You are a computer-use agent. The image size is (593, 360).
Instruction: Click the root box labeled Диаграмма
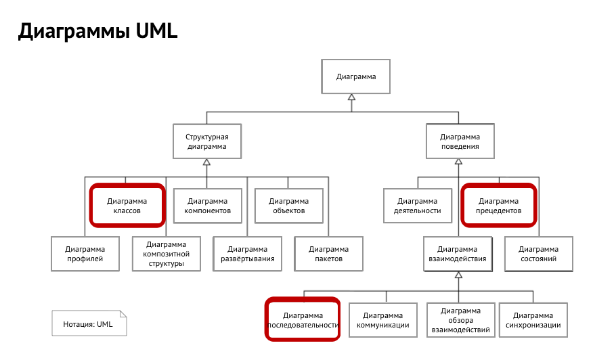click(355, 76)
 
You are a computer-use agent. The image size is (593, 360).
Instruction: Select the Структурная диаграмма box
click(206, 141)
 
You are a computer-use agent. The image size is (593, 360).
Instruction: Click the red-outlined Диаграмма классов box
click(127, 205)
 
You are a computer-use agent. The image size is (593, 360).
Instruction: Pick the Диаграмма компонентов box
click(207, 205)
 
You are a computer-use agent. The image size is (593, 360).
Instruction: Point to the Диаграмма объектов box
click(288, 205)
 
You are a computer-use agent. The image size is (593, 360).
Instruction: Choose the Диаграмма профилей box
click(85, 254)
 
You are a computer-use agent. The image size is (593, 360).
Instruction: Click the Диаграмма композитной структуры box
click(167, 254)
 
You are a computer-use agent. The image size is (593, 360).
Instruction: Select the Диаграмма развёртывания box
click(248, 254)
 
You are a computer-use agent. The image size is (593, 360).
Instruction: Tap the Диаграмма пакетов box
click(328, 254)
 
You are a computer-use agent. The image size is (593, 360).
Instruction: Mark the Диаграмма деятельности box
click(418, 205)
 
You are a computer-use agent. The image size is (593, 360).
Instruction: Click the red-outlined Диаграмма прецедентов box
click(499, 205)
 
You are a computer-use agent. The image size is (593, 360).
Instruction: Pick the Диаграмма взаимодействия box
click(458, 254)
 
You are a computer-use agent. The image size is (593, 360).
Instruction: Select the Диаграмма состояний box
click(539, 254)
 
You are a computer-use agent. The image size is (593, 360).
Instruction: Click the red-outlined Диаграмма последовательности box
click(303, 319)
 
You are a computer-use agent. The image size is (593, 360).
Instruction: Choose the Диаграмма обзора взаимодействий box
click(460, 319)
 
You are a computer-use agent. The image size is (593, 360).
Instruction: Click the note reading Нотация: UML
click(89, 323)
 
